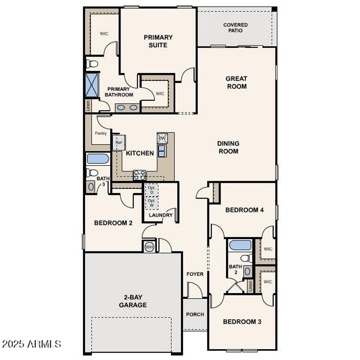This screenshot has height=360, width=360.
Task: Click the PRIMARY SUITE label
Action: pyautogui.click(x=158, y=41)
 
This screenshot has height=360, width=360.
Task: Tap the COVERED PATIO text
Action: pyautogui.click(x=235, y=28)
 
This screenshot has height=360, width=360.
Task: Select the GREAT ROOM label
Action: pyautogui.click(x=236, y=82)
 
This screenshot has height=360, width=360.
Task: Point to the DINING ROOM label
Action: pyautogui.click(x=228, y=147)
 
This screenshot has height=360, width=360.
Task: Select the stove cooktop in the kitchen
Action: pyautogui.click(x=139, y=175)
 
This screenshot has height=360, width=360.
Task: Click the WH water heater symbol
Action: pyautogui.click(x=149, y=247)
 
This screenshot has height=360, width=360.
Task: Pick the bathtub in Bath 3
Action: pyautogui.click(x=97, y=159)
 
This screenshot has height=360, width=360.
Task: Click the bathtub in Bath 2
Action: pyautogui.click(x=240, y=245)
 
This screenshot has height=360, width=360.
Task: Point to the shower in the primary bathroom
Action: pyautogui.click(x=92, y=85)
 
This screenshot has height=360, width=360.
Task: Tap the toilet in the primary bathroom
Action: pyautogui.click(x=92, y=64)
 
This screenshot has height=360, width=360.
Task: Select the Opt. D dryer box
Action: pyautogui.click(x=152, y=190)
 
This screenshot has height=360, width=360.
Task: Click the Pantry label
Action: pyautogui.click(x=101, y=134)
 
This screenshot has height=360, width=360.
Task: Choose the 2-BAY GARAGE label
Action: pyautogui.click(x=133, y=301)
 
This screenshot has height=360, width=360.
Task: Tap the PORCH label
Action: pyautogui.click(x=195, y=314)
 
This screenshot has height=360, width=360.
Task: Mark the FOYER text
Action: pyautogui.click(x=195, y=274)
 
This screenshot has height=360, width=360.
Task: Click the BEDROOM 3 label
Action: pyautogui.click(x=242, y=321)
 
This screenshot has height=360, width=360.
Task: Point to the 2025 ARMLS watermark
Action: pyautogui.click(x=32, y=343)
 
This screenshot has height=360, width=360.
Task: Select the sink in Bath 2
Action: pyautogui.click(x=247, y=271)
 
